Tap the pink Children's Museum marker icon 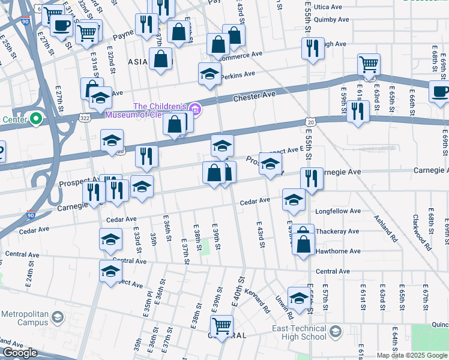click(x=194, y=109)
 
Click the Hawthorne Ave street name click(x=337, y=251)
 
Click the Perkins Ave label click(x=238, y=74)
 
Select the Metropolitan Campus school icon click(x=58, y=317)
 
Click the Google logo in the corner click(x=20, y=353)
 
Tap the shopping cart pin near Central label click(x=223, y=326)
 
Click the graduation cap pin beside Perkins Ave click(x=209, y=73)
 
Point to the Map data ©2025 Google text click(x=412, y=355)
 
